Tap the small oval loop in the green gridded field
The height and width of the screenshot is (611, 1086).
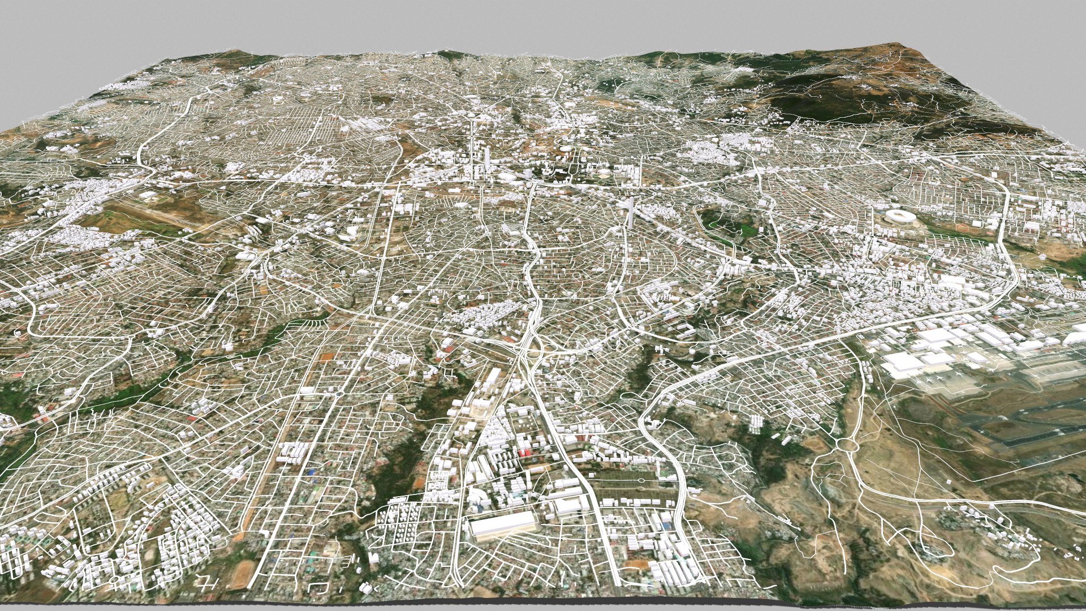pyautogui.click(x=641, y=480)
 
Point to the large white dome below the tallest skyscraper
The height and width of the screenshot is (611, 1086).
pyautogui.click(x=503, y=178)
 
